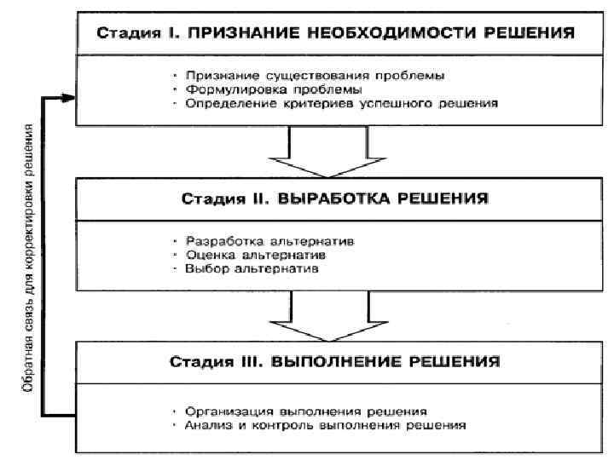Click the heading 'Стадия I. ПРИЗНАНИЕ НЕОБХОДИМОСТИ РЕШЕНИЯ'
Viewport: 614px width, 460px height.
coord(334,35)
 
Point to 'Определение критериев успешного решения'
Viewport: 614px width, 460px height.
coord(339,103)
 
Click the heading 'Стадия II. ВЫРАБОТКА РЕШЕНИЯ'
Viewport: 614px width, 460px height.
coord(334,198)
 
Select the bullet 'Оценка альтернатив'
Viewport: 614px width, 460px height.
coord(261,255)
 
